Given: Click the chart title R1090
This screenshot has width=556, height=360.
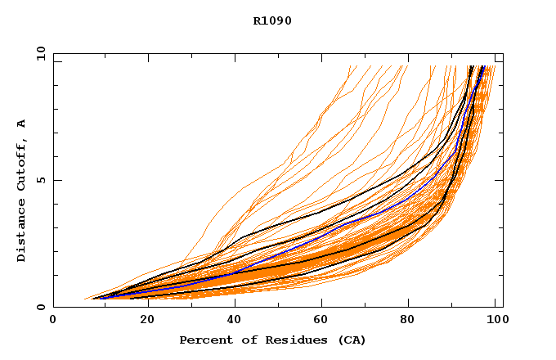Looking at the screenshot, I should [x=272, y=20].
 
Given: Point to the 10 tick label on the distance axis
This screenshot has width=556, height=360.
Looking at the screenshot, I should [x=40, y=53].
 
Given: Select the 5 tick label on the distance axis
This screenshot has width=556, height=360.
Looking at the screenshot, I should [x=40, y=180].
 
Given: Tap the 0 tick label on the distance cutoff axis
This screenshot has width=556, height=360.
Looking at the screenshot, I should [x=40, y=307].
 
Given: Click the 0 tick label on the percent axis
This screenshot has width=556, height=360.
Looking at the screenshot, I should [x=53, y=320].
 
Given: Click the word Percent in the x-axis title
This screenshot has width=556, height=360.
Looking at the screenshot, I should [x=202, y=340].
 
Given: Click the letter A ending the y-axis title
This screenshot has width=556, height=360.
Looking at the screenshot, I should [x=22, y=124].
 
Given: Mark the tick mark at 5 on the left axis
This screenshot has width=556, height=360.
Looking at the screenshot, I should [x=56, y=180].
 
